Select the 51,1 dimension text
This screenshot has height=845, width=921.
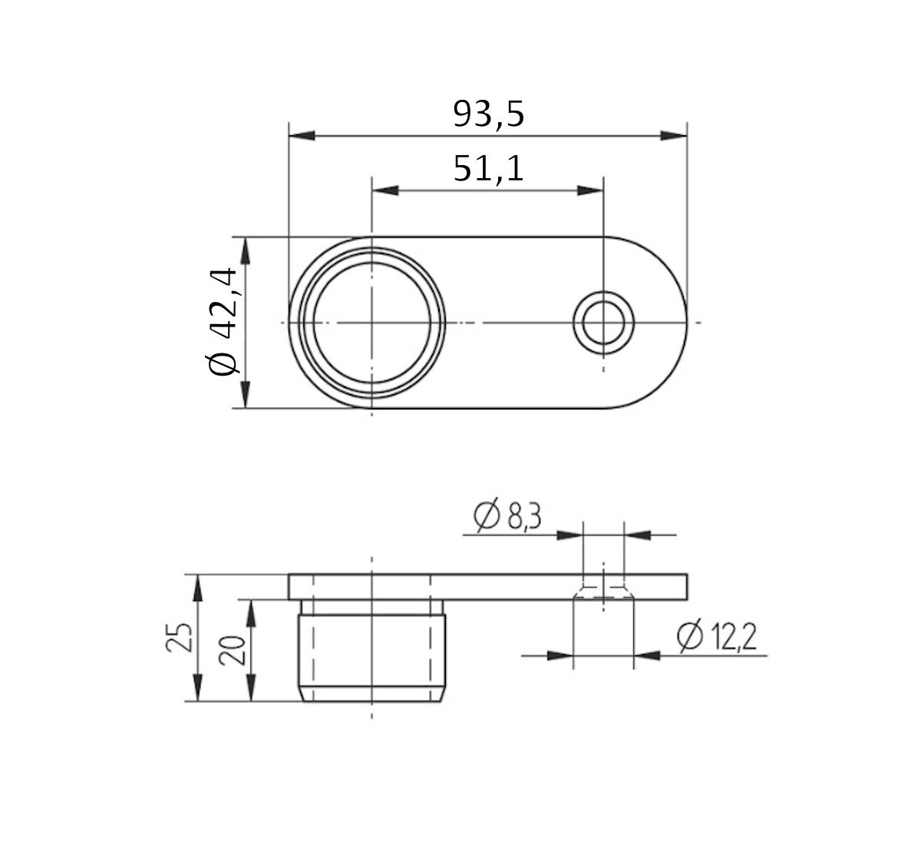click(488, 168)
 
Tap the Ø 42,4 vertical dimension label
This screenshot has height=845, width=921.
click(222, 323)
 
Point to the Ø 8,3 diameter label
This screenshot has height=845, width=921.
click(508, 517)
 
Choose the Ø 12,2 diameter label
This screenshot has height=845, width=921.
click(716, 637)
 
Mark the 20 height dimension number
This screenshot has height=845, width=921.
click(235, 650)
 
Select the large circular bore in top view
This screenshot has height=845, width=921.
click(371, 323)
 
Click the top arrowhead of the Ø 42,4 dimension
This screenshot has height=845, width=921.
click(245, 250)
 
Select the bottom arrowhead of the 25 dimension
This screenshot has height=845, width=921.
click(198, 689)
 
